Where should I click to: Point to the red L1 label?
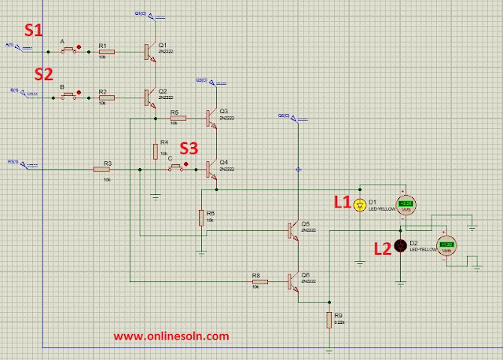[343, 201]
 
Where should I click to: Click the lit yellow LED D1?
[361, 205]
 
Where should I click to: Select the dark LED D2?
[400, 246]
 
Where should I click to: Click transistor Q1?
[149, 52]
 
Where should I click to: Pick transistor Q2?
[149, 97]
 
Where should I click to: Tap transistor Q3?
[211, 117]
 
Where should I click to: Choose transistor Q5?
[294, 229]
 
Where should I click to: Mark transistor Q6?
[294, 279]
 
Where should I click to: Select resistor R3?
[103, 168]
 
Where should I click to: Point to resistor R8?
[257, 279]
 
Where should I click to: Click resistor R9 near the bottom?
[330, 319]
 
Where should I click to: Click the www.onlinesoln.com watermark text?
[171, 336]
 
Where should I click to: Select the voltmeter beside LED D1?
[406, 206]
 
